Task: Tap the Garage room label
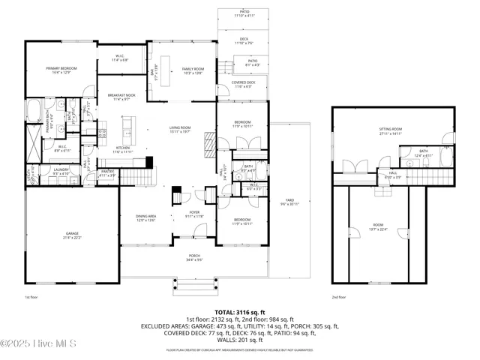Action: tap(72, 235)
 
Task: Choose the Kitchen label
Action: tap(123, 150)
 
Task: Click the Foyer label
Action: tap(194, 214)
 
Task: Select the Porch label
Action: tap(195, 259)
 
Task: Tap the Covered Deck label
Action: tap(244, 85)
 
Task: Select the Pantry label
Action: tap(107, 174)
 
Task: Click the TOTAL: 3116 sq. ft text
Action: tap(240, 310)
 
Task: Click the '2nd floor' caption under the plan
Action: tap(339, 297)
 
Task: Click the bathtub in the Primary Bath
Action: tap(34, 110)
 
